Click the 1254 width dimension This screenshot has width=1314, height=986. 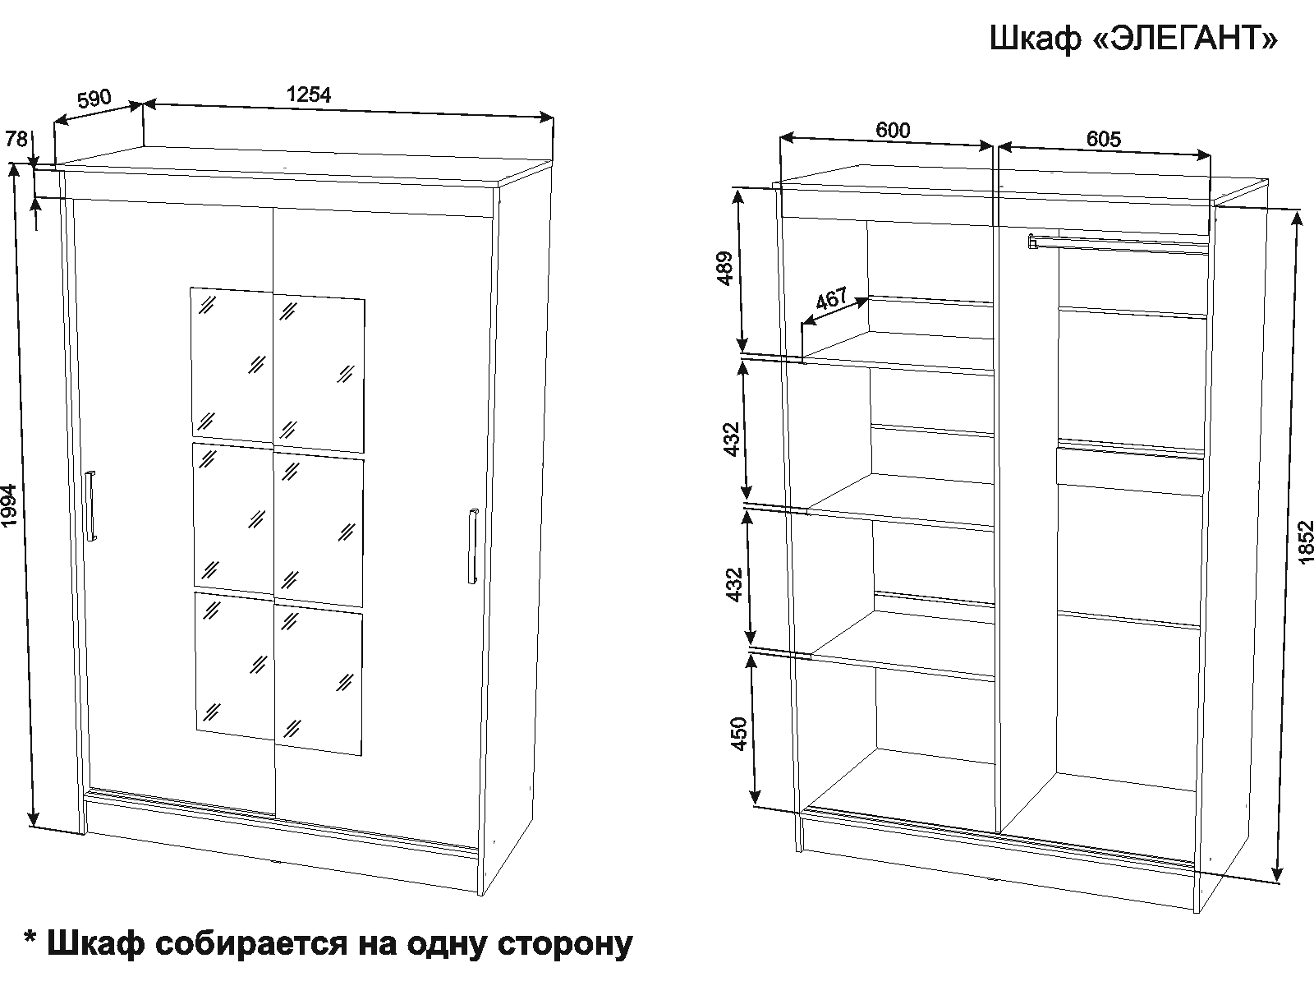[x=308, y=94]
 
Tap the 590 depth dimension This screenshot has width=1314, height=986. [x=94, y=98]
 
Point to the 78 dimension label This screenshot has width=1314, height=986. [x=16, y=139]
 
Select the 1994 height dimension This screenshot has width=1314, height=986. [x=10, y=505]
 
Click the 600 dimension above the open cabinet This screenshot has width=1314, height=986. [x=893, y=130]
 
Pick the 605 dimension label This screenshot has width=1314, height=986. [x=1103, y=139]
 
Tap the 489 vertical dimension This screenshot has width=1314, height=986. [x=725, y=268]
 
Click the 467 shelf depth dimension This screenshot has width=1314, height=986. [x=831, y=297]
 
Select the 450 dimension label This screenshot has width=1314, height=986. [x=739, y=734]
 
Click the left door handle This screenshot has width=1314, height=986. [x=90, y=506]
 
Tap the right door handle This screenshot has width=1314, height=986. [x=473, y=546]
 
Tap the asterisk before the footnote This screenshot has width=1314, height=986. [x=30, y=938]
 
